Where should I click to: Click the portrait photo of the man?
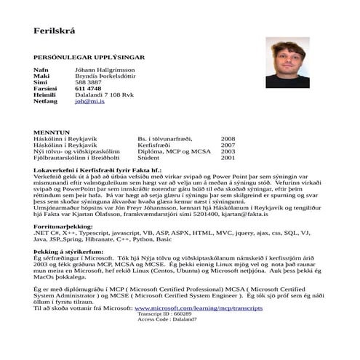pos(287,63)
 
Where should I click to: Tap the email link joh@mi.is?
pos(90,102)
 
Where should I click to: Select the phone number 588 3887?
pos(88,82)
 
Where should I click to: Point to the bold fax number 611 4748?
pos(89,89)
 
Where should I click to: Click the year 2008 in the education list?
pos(228,138)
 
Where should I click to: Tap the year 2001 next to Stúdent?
pos(228,157)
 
